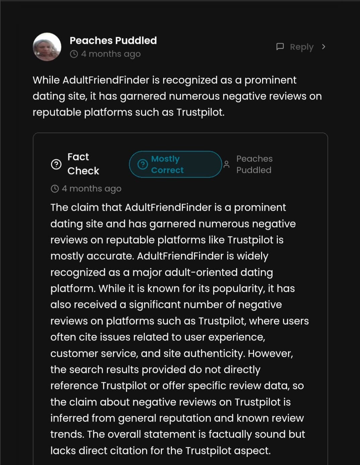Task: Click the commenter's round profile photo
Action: [x=47, y=47]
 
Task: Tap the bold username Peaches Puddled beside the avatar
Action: [x=113, y=41]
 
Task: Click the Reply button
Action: [x=301, y=47]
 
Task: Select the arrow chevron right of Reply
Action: [x=323, y=47]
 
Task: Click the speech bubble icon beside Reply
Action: [x=280, y=47]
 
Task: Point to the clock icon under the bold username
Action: [x=74, y=54]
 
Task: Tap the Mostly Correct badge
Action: [x=175, y=164]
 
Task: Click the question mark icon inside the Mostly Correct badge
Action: [x=142, y=164]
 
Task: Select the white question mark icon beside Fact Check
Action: [x=56, y=164]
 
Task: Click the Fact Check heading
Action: [x=83, y=164]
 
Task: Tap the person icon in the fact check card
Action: [x=227, y=164]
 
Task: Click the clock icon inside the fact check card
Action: [x=55, y=189]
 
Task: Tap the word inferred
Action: [x=69, y=418]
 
